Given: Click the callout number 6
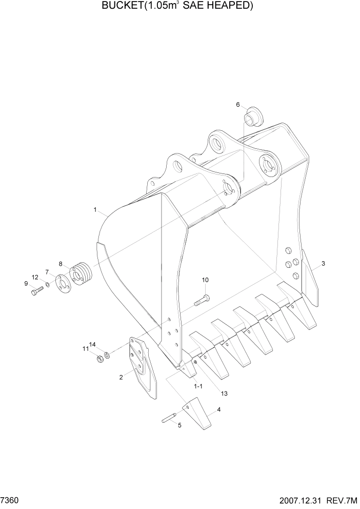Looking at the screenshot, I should click(x=238, y=105).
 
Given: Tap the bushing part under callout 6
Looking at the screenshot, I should click(x=252, y=118).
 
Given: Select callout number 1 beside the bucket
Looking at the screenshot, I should click(x=95, y=209).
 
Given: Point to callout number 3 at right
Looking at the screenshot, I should click(x=323, y=264).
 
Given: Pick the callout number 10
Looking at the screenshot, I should click(x=205, y=280).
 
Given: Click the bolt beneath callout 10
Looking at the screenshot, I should click(x=202, y=300).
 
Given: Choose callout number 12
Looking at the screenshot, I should click(x=35, y=277).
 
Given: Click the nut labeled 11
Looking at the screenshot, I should click(x=101, y=358).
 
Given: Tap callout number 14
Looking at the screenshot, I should click(x=93, y=344).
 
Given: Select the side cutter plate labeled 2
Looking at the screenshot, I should click(x=143, y=366).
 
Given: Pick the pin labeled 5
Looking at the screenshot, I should click(x=169, y=419).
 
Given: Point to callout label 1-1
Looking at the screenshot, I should click(x=197, y=385).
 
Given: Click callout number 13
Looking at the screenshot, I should click(x=224, y=393).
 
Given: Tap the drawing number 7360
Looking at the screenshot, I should click(x=9, y=499).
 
